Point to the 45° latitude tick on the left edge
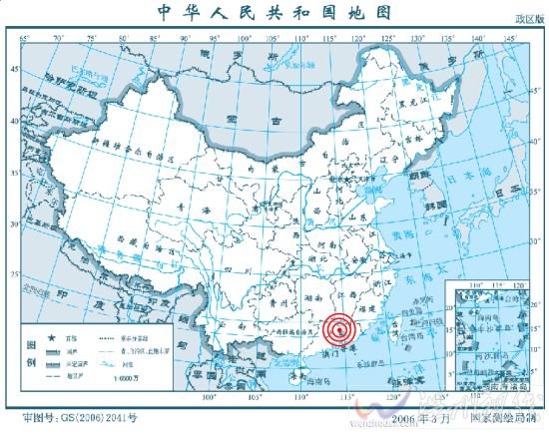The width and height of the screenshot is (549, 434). pos(14,70)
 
